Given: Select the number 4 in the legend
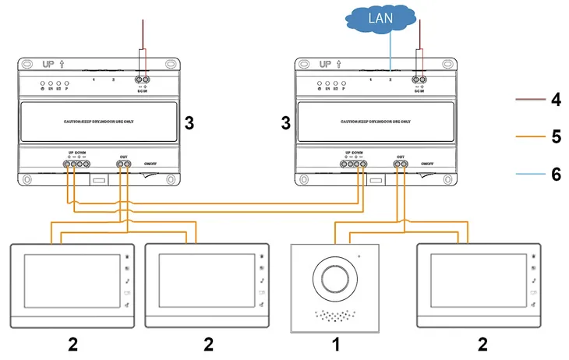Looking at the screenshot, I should click(x=556, y=100).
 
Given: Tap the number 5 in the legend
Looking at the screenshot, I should click(x=556, y=136).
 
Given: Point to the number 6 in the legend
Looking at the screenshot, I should click(x=556, y=173).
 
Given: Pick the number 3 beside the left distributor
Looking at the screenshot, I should click(x=188, y=122).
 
